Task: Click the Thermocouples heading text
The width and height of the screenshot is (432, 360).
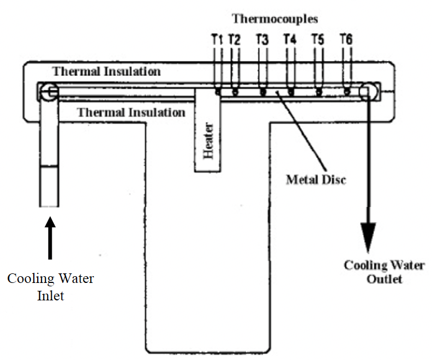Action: tap(275, 19)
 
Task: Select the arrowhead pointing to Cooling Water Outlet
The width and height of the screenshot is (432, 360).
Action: tap(368, 237)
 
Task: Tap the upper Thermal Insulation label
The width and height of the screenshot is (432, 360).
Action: tap(106, 71)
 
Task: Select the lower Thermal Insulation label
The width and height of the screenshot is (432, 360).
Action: tap(131, 112)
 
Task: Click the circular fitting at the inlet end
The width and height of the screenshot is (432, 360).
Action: tap(49, 92)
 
